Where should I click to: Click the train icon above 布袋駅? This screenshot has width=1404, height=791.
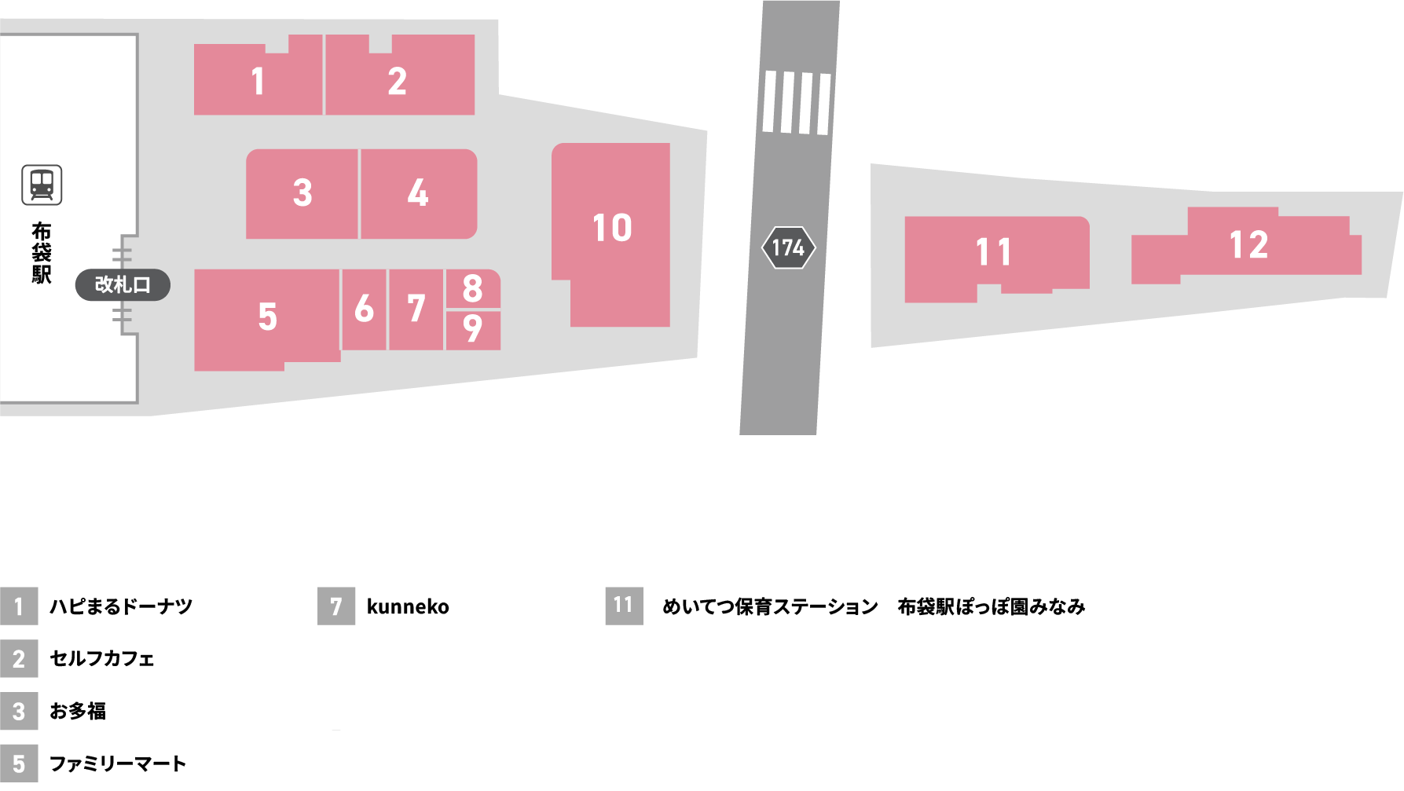coord(42,185)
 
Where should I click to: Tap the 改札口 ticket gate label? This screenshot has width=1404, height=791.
coord(123,284)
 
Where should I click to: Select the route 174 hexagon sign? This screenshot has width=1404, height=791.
coord(788,248)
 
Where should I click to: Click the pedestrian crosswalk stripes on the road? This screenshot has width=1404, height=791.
coord(796,103)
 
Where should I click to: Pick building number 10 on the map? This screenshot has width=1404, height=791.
coord(612,229)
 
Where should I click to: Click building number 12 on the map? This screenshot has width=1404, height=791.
coord(1248,245)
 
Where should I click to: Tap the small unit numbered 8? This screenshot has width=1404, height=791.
coord(472,289)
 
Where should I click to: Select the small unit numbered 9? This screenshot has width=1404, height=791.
coord(472,329)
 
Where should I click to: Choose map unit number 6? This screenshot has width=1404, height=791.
coord(364,309)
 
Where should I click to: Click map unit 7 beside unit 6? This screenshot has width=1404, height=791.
coord(416,309)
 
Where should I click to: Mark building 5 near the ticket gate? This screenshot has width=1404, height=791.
coord(267,317)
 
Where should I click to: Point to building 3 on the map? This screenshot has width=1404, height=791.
coord(302,193)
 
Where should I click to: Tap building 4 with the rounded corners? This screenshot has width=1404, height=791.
coord(418,193)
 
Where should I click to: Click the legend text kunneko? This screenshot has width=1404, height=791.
coord(408,606)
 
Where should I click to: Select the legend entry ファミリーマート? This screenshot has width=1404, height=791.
coord(118,764)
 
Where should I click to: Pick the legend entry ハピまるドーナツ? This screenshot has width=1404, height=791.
coord(121,606)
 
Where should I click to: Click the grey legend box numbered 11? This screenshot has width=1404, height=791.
coord(624,606)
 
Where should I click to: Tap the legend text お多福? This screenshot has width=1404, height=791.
coord(78,711)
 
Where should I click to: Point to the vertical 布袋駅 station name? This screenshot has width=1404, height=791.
coord(42,253)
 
